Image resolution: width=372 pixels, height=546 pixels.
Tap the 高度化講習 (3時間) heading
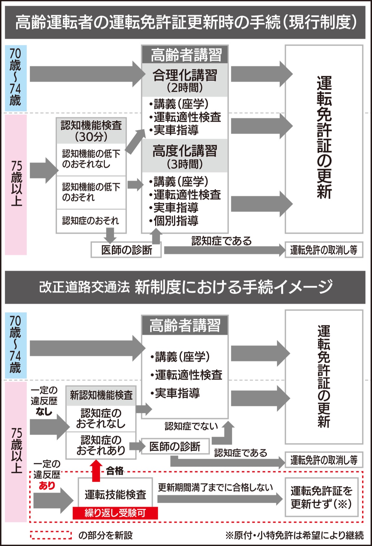point(185,157)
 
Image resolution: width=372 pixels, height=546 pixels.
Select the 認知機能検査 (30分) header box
point(91,131)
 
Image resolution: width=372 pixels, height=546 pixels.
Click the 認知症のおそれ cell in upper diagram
point(91,221)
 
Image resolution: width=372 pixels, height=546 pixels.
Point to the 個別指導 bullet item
point(174,221)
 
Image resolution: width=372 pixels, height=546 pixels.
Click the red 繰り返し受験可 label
point(115,513)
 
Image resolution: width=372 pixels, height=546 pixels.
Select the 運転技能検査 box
point(115,495)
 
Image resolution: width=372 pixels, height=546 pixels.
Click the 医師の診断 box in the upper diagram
point(126,250)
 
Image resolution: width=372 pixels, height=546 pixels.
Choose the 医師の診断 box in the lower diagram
point(175,446)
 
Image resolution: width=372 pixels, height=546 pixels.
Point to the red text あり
point(47,486)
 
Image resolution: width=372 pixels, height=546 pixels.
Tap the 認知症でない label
point(191,426)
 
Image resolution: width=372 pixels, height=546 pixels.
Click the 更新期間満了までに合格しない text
point(215,487)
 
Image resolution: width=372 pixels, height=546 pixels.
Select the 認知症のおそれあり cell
point(101,445)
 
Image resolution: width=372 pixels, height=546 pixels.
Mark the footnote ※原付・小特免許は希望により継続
point(294,535)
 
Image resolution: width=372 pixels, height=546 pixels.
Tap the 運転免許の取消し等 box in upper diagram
point(324,250)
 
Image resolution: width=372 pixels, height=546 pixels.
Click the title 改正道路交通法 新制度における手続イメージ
point(185,287)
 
